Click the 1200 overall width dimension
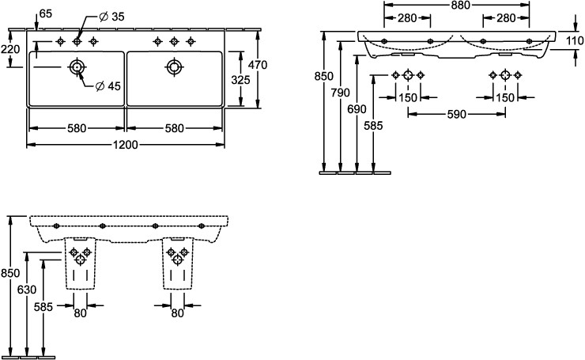coord(126,145)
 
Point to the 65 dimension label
coord(45,13)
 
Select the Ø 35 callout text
coord(113,17)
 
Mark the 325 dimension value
coord(240,79)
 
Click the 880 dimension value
coord(456,5)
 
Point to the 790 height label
coord(340,93)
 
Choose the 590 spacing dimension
coord(456,114)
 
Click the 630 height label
coord(27,290)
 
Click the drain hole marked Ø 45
coord(77,67)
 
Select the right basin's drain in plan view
coord(173,66)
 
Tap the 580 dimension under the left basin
coord(77,128)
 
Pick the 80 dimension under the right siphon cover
coord(177,313)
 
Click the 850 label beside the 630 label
coord(9,273)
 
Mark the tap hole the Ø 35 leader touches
coord(77,41)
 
